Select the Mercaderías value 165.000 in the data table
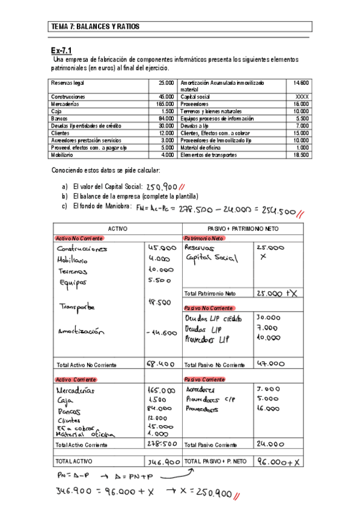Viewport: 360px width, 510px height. click(165, 104)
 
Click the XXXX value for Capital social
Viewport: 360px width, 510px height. click(303, 96)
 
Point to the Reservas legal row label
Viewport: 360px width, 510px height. click(67, 82)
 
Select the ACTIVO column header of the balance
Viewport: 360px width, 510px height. click(118, 229)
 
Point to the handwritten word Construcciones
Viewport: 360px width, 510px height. click(82, 249)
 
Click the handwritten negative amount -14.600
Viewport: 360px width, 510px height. click(161, 332)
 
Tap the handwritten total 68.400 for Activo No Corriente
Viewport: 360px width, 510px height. click(160, 364)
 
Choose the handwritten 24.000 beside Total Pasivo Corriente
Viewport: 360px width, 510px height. click(269, 444)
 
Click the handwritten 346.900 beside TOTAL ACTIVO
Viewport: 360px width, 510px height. click(163, 462)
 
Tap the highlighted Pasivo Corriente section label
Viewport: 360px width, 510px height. click(204, 379)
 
